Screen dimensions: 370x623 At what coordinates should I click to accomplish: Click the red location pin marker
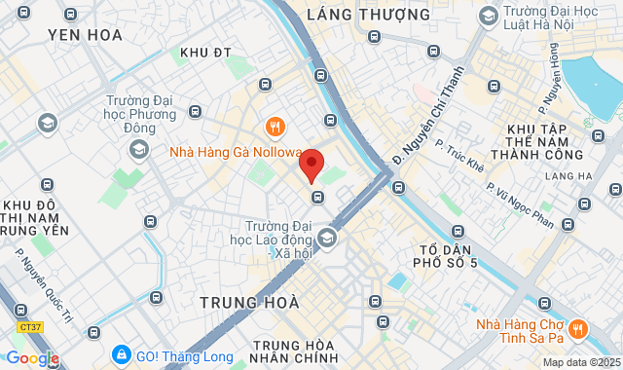(311, 164)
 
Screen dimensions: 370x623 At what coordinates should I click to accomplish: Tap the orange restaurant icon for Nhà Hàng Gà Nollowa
(275, 128)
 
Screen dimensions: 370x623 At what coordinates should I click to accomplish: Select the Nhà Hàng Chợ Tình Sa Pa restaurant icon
(577, 328)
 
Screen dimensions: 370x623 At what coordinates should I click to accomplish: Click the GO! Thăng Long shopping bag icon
(121, 352)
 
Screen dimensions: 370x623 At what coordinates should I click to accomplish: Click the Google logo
(31, 358)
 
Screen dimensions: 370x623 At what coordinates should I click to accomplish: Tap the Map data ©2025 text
(580, 362)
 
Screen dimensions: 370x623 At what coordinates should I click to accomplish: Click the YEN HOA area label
(85, 35)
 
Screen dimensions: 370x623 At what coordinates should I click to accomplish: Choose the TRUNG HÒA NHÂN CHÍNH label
(293, 353)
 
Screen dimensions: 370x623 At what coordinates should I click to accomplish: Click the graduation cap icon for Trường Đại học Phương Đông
(139, 149)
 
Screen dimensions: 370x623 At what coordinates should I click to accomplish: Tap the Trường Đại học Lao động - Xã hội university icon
(326, 238)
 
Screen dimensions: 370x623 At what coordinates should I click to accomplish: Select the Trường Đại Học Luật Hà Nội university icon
(487, 16)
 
